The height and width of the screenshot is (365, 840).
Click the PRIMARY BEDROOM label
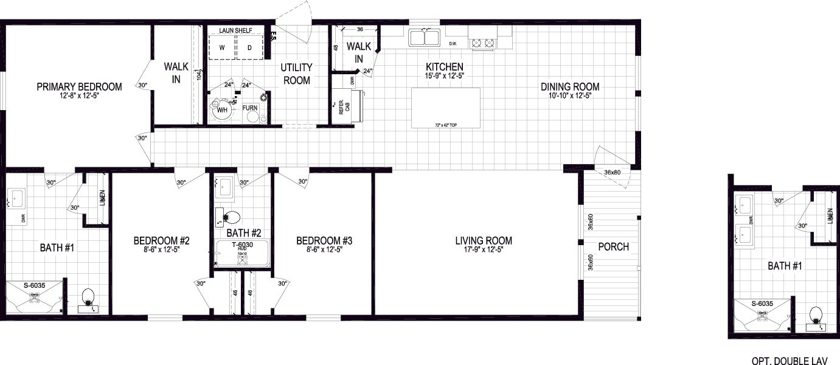pos(79,87)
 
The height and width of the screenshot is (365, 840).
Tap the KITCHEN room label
pos(445,67)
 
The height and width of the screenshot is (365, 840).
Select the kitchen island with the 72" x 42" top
pos(445,108)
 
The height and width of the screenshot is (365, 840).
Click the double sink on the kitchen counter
pos(425,38)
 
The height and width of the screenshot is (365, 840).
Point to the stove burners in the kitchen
pos(483,43)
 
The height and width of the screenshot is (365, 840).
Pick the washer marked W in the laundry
pos(222,47)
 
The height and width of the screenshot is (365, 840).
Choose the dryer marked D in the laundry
pos(249,47)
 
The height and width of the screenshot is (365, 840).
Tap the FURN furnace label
pos(250,108)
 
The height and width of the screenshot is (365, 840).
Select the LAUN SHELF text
pos(237,29)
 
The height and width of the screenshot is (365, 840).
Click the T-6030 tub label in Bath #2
pos(241,245)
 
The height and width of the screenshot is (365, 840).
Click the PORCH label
pos(613,247)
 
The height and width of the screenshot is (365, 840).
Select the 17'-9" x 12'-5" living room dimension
pos(484,249)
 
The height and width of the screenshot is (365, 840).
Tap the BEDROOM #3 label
pos(324,241)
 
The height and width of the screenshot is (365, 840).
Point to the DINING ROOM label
pos(570,86)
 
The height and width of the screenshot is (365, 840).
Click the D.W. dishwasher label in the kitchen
pos(453,44)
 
